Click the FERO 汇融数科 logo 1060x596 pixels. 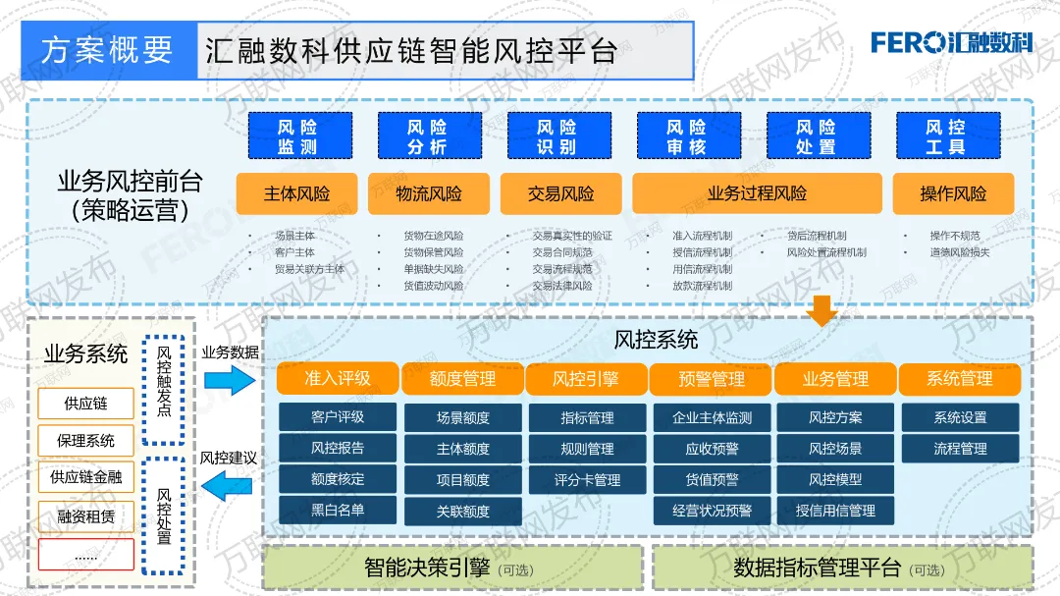pos(951,42)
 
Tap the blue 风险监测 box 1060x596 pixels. pos(296,136)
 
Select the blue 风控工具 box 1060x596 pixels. pos(947,136)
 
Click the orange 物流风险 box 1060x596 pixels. pos(428,193)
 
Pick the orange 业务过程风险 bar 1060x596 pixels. pos(756,193)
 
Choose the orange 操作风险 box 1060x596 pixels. pos(952,193)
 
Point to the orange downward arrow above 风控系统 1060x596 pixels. pos(821,311)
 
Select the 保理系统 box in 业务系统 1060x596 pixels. pos(85,441)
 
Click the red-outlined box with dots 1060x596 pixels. pos(85,555)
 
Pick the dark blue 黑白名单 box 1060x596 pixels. pos(338,510)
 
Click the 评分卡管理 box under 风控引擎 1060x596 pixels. pos(587,480)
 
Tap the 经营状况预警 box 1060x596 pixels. pos(712,511)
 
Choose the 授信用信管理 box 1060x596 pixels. pos(835,511)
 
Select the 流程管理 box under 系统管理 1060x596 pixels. pos(960,449)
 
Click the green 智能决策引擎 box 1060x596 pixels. pos(452,568)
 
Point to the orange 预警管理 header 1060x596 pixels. pos(712,379)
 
